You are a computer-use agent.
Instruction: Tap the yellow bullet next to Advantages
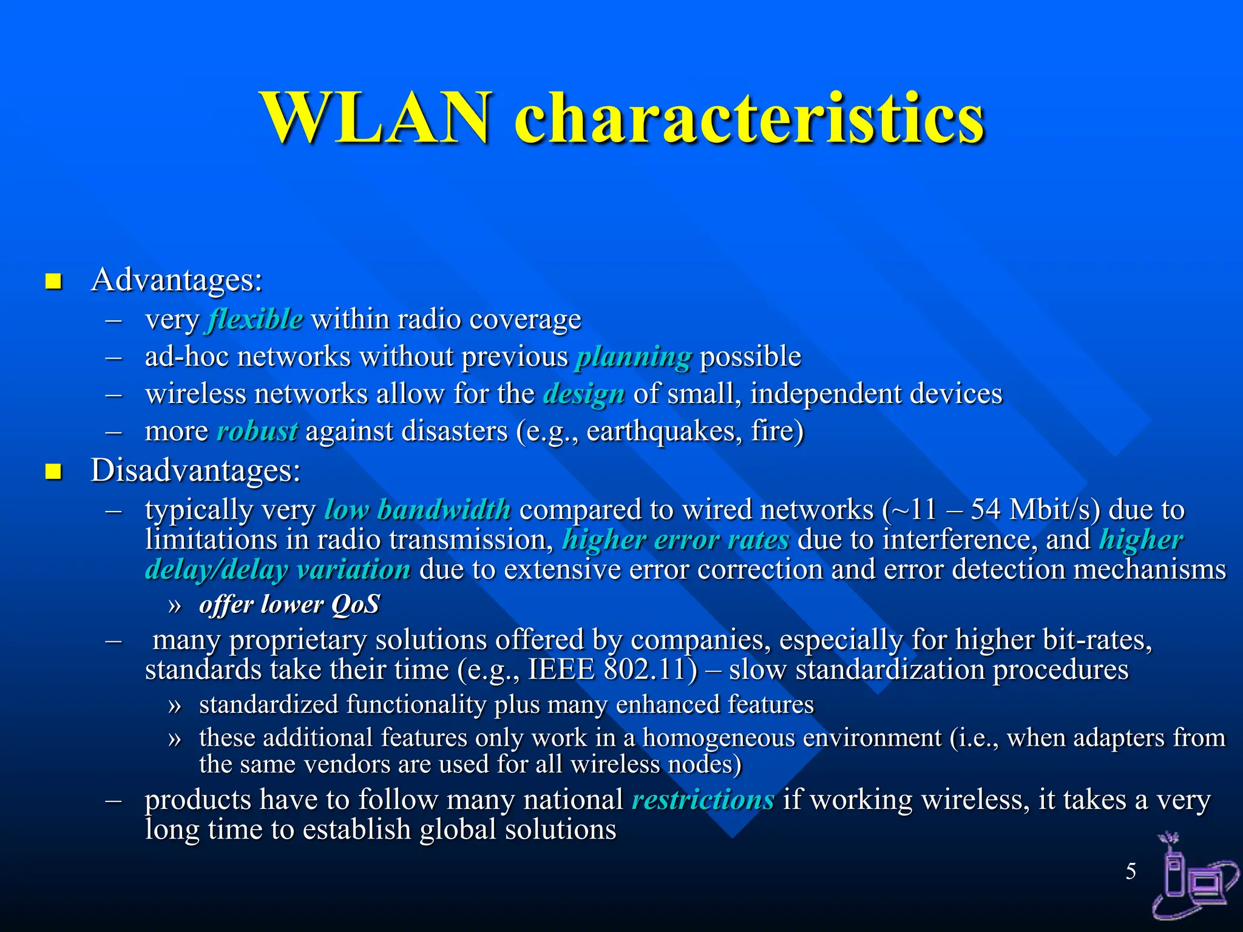coord(53,282)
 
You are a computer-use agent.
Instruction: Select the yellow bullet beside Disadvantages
coord(53,471)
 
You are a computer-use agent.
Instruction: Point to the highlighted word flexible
coord(255,319)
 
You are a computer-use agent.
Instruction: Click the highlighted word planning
coord(634,357)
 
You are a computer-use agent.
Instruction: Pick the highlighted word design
coord(584,394)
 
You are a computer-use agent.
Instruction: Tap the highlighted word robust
coord(257,431)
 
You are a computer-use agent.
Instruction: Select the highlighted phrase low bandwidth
coord(418,510)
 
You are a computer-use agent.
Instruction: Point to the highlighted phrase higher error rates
coord(676,539)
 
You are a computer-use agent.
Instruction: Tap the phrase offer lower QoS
coord(290,605)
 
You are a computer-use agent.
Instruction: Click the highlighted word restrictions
coord(703,800)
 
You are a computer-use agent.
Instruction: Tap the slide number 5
coord(1131,871)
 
